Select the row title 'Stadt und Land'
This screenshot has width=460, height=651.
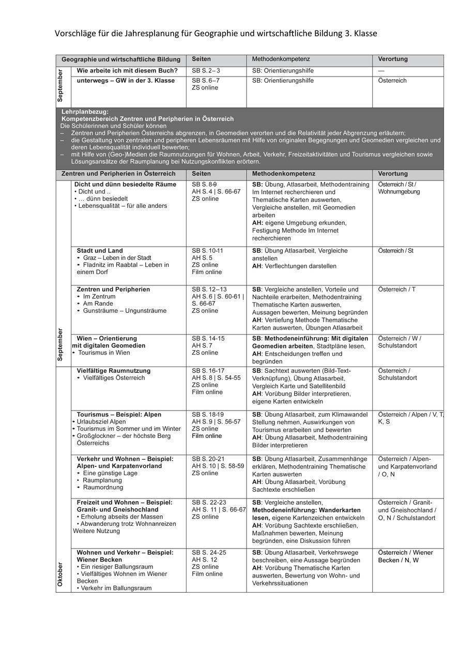[100, 251]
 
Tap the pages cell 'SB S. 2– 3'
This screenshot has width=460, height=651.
[206, 71]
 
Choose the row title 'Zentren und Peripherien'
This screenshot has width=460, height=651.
[113, 290]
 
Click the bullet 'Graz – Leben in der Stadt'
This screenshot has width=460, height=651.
[117, 258]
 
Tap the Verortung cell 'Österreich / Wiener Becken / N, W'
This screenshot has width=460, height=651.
[406, 556]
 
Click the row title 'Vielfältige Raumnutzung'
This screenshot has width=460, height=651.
[114, 371]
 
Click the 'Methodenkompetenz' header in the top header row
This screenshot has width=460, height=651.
[281, 59]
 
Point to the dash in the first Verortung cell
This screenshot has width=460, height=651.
[381, 71]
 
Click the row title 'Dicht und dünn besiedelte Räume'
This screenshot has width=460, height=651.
[125, 185]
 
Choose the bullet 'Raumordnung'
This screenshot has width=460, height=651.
[103, 487]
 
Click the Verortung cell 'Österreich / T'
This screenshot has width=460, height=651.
[396, 290]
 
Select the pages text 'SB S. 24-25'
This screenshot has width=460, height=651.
[209, 553]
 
